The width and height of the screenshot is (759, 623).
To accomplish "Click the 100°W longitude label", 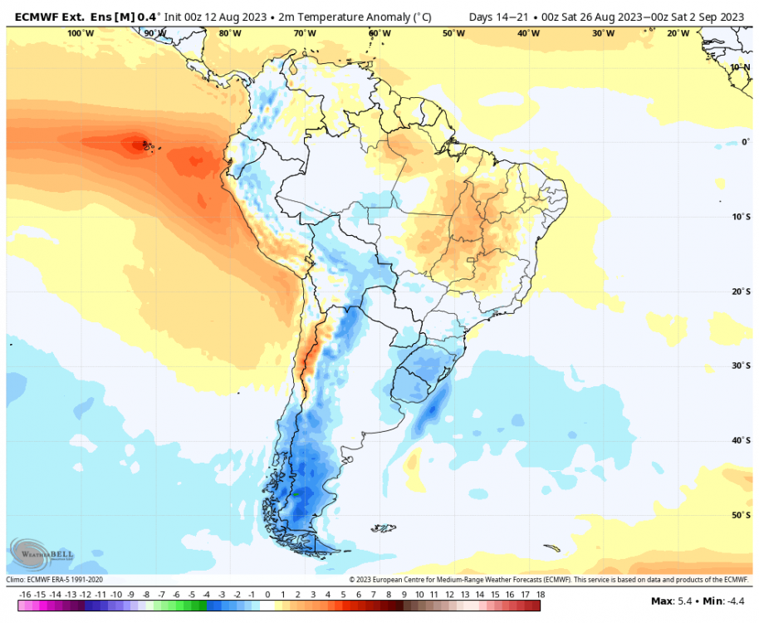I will pyautogui.click(x=81, y=33).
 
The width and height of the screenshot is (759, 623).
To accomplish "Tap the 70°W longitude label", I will pyautogui.click(x=305, y=33).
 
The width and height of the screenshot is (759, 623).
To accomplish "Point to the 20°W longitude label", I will pyautogui.click(x=678, y=33).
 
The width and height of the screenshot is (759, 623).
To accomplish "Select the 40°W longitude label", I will pyautogui.click(x=528, y=33).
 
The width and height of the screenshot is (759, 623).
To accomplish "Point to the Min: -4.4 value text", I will pyautogui.click(x=723, y=601).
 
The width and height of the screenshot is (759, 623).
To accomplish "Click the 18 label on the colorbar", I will pyautogui.click(x=540, y=595).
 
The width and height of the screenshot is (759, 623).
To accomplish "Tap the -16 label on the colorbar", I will pyautogui.click(x=25, y=595).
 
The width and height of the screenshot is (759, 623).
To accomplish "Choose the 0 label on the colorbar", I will pyautogui.click(x=267, y=595).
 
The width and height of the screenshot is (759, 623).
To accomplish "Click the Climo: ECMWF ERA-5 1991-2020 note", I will pyautogui.click(x=54, y=580).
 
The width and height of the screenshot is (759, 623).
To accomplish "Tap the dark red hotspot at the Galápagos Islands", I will pyautogui.click(x=137, y=145).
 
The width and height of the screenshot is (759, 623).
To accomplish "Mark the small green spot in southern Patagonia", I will pyautogui.click(x=295, y=493).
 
